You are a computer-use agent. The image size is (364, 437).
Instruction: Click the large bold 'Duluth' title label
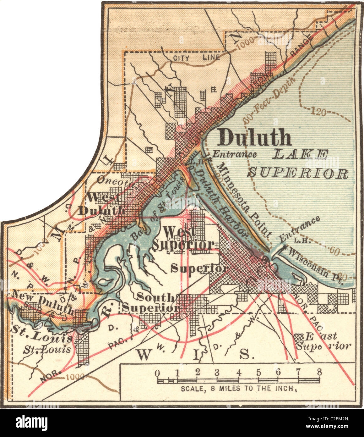click(255, 137)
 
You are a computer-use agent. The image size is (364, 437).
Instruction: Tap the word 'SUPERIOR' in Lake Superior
click(298, 173)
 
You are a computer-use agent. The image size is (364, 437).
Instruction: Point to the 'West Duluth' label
click(102, 204)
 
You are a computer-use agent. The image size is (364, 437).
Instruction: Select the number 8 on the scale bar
click(319, 371)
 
